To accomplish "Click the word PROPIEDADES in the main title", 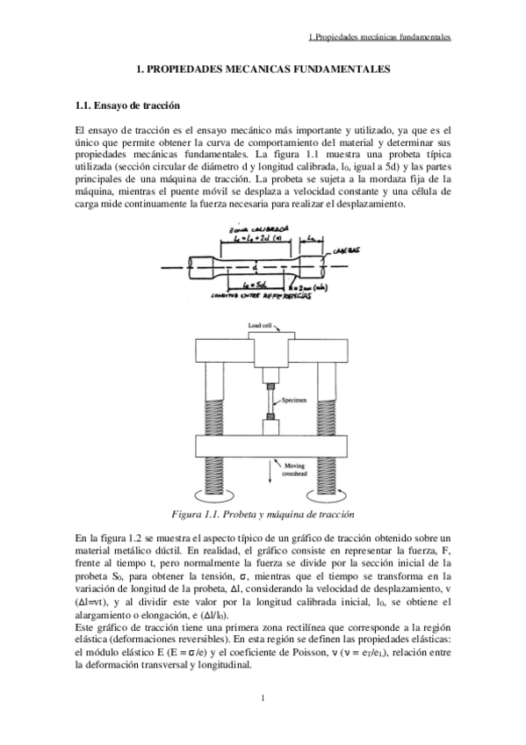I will pos(195,68).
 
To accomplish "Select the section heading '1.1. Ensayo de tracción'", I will pos(128,106).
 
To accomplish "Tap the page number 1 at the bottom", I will pos(263,698).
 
